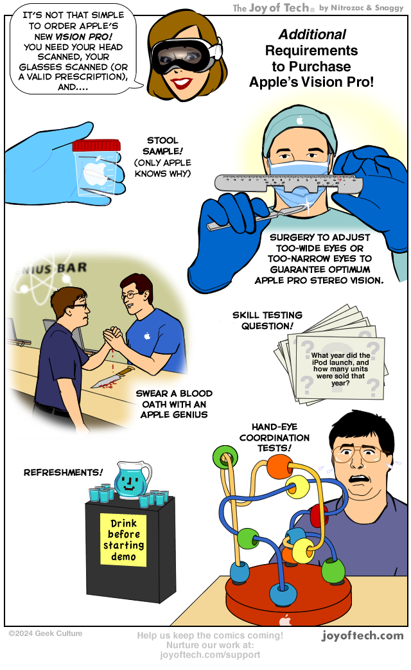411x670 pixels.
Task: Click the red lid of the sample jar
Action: tap(96, 145)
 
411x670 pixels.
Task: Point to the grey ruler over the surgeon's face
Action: tap(288, 182)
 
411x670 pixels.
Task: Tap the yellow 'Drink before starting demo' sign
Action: tap(123, 540)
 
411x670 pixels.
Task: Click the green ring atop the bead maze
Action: tap(225, 457)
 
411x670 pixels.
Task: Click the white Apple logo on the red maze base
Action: tap(285, 620)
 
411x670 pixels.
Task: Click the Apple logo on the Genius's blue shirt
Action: tap(148, 336)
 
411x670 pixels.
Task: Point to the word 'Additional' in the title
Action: tap(312, 34)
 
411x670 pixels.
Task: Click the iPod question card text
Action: tap(340, 369)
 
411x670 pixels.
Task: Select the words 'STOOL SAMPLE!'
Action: tap(162, 146)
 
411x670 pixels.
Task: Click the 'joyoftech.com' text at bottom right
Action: tap(362, 635)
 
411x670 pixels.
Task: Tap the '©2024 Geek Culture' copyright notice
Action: tap(46, 633)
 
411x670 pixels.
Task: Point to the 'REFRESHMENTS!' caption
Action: tap(63, 472)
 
